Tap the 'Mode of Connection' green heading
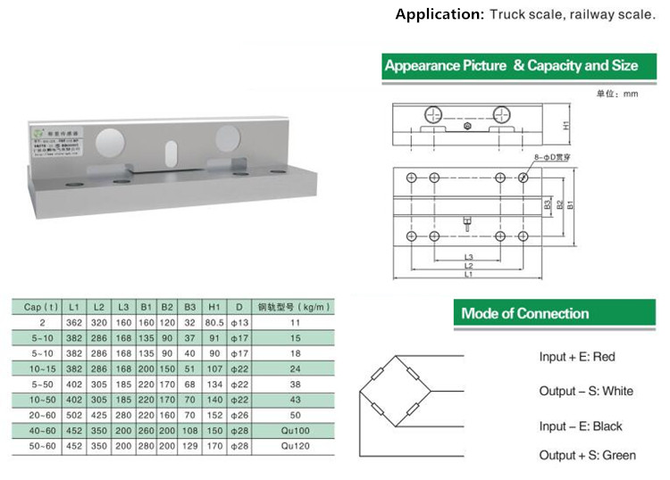(x=524, y=313)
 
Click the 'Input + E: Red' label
(x=576, y=357)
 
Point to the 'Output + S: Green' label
(x=587, y=455)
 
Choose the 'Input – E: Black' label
(x=581, y=426)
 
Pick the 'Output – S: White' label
(x=585, y=391)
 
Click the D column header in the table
(x=238, y=308)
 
